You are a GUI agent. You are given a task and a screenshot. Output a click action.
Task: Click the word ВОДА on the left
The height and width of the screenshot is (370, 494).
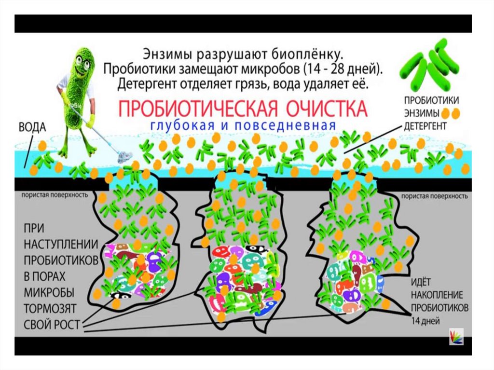tap(32, 128)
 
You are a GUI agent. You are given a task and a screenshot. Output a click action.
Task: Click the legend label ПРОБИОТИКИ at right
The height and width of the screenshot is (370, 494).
tap(431, 100)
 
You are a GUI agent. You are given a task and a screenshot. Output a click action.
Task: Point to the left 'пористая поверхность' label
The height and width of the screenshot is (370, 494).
tap(54, 195)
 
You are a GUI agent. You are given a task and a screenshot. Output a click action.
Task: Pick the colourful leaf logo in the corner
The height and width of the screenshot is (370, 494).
tap(456, 336)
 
